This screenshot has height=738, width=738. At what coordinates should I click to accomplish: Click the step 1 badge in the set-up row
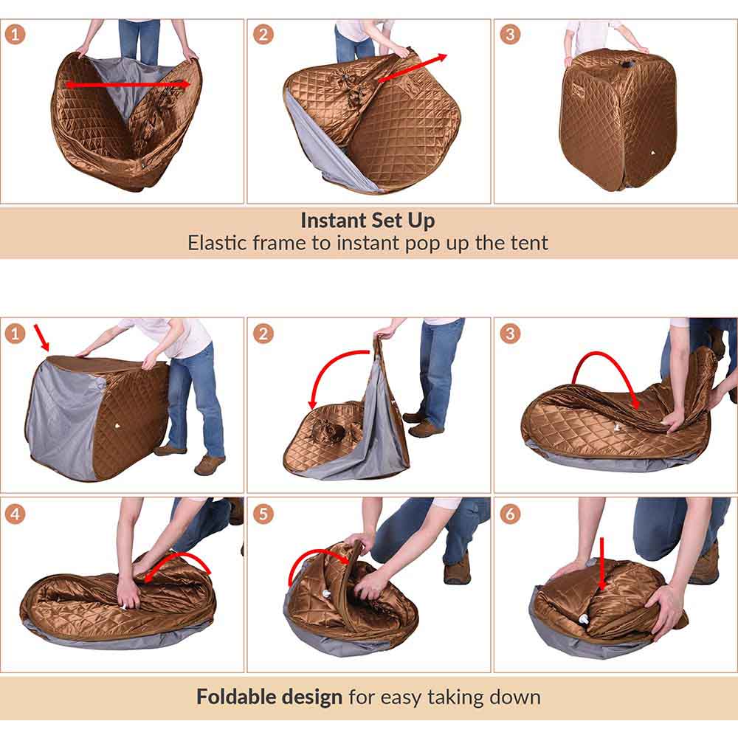pyautogui.click(x=15, y=35)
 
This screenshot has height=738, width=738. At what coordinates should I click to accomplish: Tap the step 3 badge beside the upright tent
pyautogui.click(x=510, y=35)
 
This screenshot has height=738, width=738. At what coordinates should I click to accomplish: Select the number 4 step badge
pyautogui.click(x=15, y=514)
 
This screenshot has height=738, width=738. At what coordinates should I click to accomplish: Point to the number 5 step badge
pyautogui.click(x=263, y=514)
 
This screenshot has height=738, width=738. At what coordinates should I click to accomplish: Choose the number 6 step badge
pyautogui.click(x=510, y=514)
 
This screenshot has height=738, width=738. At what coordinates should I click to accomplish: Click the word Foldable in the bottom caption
pyautogui.click(x=229, y=697)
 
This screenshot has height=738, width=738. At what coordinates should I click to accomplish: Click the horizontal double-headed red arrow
pyautogui.click(x=128, y=85)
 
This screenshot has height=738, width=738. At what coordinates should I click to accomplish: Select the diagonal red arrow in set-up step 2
pyautogui.click(x=413, y=67)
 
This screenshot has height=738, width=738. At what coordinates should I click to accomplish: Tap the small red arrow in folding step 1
pyautogui.click(x=41, y=337)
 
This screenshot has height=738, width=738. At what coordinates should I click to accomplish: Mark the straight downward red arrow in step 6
pyautogui.click(x=601, y=564)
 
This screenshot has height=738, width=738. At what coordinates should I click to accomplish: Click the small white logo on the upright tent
pyautogui.click(x=653, y=153)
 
